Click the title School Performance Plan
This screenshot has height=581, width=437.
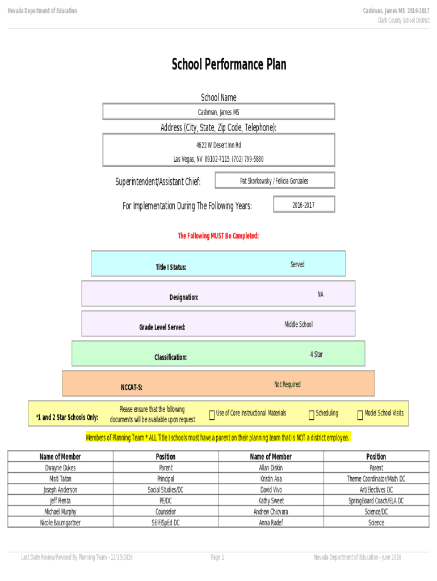(229, 65)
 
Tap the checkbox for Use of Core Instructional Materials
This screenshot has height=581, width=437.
(212, 416)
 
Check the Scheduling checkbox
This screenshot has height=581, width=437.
(312, 416)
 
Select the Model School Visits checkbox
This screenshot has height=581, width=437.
(360, 416)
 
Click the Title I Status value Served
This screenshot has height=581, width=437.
(297, 264)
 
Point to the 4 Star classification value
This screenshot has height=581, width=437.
(317, 354)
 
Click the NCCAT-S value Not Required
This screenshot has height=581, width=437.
(287, 384)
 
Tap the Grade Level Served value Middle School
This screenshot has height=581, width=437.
(299, 324)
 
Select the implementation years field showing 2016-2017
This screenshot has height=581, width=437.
(304, 205)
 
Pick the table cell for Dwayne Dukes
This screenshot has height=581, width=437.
(60, 468)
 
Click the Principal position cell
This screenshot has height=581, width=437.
(166, 479)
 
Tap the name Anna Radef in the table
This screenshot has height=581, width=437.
(271, 523)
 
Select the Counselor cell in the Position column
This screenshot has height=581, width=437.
(166, 512)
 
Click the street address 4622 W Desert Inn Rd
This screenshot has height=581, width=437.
(218, 145)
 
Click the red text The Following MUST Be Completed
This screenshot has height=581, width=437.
(218, 235)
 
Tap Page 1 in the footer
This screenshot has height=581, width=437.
(218, 558)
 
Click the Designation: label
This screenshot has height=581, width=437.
(184, 297)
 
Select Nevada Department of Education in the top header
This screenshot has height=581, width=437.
(42, 11)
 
